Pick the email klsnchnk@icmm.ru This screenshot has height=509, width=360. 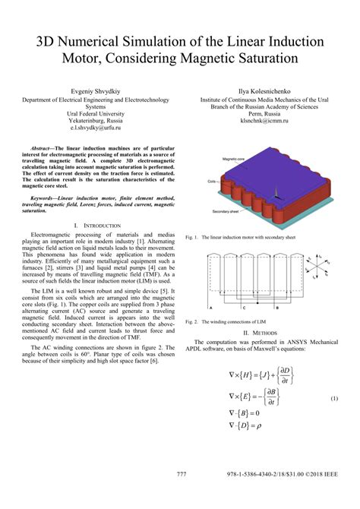pos(266,122)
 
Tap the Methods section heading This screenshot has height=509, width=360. pos(267,332)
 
